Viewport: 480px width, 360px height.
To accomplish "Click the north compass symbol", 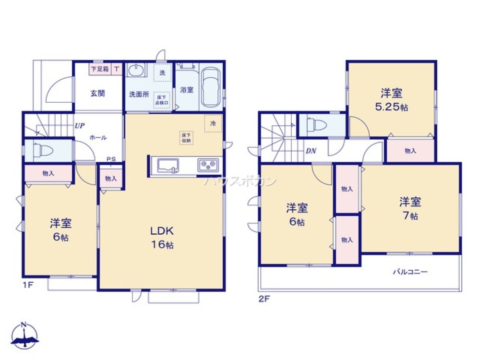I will tap(24, 336).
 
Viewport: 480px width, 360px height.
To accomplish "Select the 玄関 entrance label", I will tap(97, 93).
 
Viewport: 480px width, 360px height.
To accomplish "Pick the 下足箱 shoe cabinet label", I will tap(100, 69).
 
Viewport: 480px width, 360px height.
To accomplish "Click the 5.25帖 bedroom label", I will tap(392, 100).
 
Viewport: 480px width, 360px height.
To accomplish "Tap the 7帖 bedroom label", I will tap(409, 208).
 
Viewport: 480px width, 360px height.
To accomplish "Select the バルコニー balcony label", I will tap(410, 272).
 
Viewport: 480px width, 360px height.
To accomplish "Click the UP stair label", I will tap(79, 126).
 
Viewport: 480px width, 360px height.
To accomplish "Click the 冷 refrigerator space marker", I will tap(213, 123).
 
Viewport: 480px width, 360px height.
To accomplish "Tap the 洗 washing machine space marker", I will tap(162, 72).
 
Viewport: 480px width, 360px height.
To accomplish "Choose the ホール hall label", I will tap(97, 138).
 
